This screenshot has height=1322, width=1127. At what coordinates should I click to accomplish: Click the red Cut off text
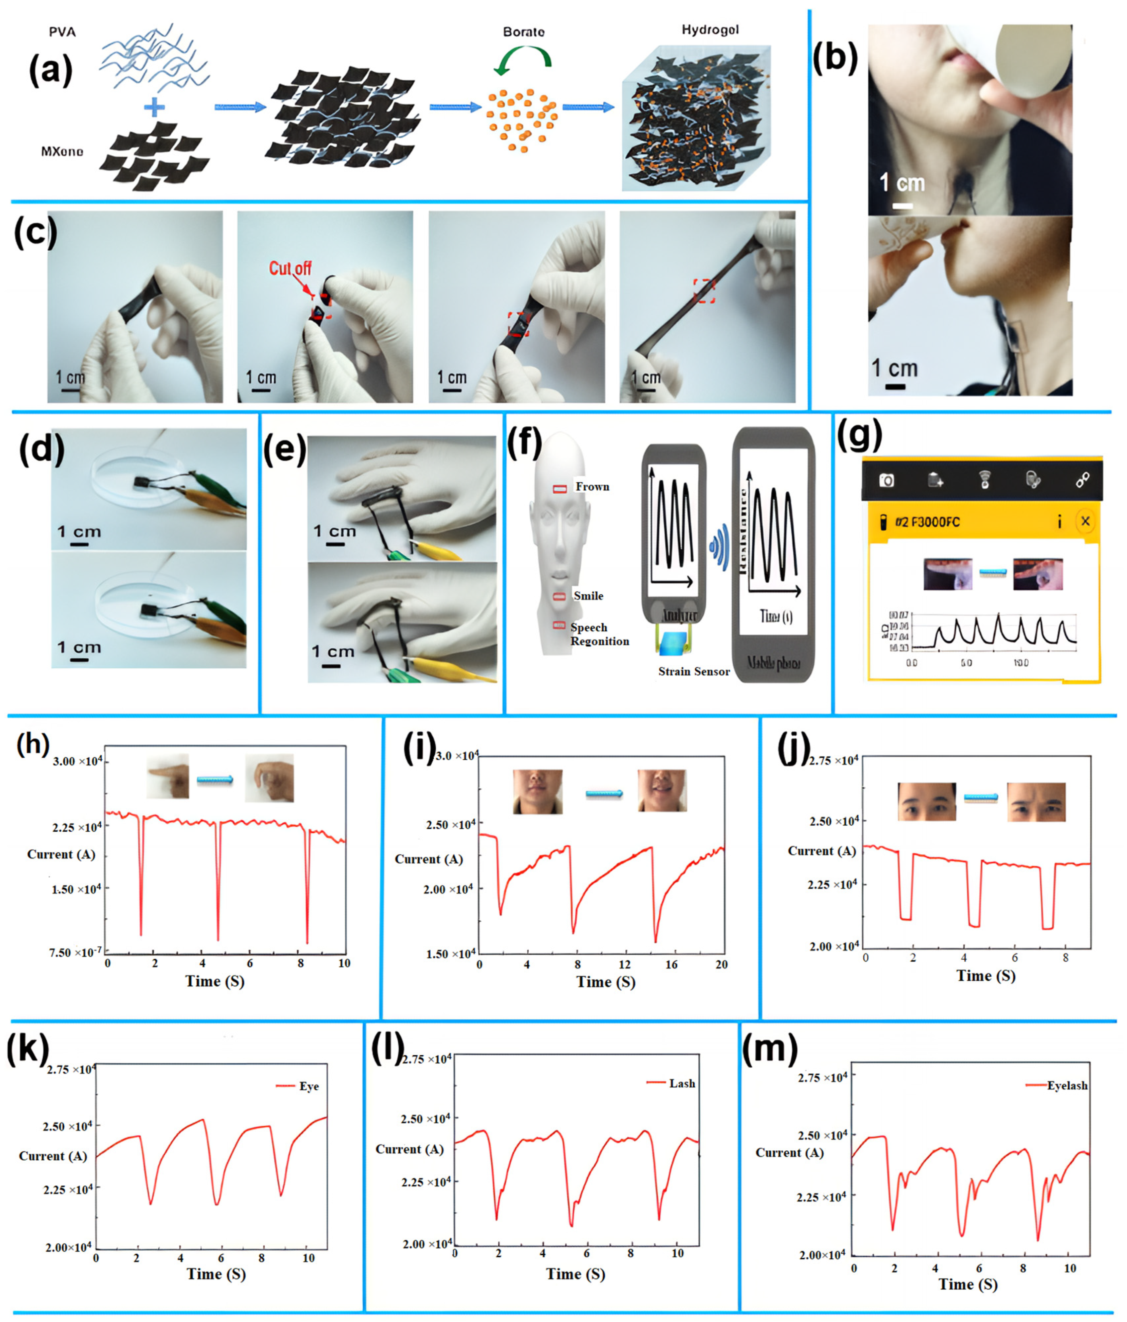click(x=290, y=268)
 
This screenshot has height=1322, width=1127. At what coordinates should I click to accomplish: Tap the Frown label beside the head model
click(x=592, y=487)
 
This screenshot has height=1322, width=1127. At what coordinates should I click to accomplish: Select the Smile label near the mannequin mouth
click(x=588, y=596)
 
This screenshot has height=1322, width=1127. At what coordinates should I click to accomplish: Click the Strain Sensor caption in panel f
click(x=694, y=671)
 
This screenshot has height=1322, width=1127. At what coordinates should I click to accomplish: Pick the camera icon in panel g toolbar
click(x=886, y=480)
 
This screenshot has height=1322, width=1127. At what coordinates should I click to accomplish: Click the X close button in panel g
click(x=1085, y=521)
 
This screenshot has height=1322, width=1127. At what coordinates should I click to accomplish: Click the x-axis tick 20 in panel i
click(x=721, y=965)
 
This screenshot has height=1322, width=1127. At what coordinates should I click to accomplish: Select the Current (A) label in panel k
click(x=53, y=1156)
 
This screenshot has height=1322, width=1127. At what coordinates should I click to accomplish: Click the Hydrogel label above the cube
click(x=710, y=30)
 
